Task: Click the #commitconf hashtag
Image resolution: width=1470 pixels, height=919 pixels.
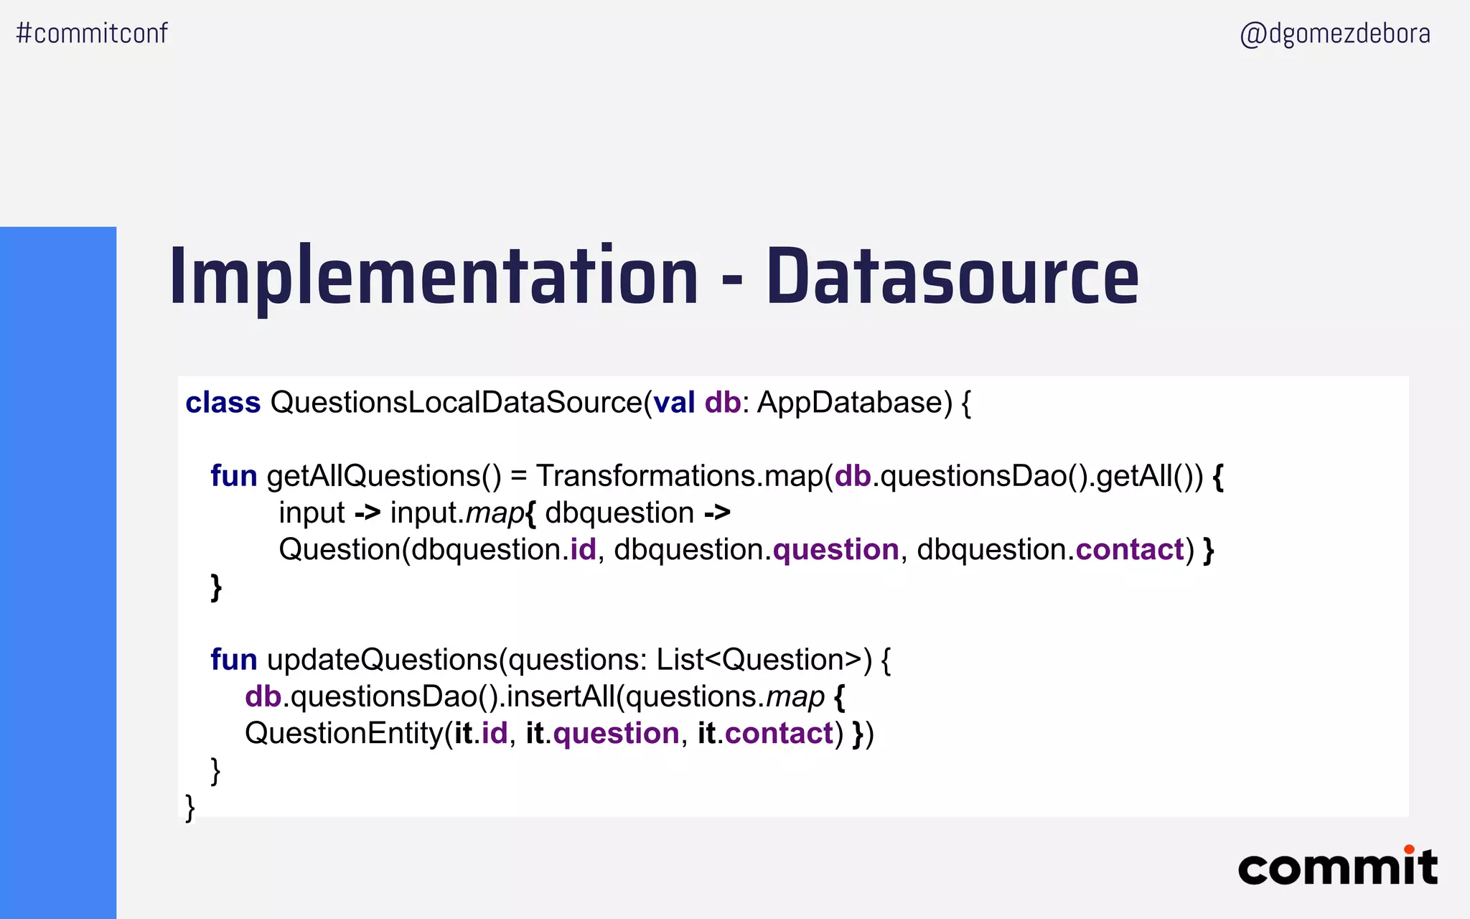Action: click(x=92, y=33)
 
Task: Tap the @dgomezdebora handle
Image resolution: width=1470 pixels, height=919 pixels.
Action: click(x=1335, y=34)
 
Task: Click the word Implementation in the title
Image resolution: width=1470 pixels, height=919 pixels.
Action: click(x=434, y=277)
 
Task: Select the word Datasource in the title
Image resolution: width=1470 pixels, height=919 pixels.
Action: click(x=952, y=277)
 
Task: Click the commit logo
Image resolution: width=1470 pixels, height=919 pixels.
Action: click(x=1337, y=867)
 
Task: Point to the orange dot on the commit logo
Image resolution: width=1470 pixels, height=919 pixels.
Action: click(x=1409, y=849)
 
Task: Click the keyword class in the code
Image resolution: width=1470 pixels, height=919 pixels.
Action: click(x=223, y=403)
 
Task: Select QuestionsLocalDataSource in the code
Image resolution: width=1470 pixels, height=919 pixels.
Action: click(x=456, y=403)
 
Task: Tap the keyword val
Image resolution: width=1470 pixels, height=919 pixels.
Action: click(x=674, y=403)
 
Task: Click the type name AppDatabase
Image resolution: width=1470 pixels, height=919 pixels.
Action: click(x=854, y=403)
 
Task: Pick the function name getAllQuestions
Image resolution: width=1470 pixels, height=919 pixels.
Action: click(x=374, y=476)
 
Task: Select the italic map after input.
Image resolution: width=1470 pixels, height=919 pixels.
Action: click(x=495, y=513)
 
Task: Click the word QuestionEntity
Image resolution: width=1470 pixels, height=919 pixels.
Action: click(x=344, y=734)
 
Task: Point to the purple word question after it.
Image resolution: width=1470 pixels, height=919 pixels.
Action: click(x=616, y=734)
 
